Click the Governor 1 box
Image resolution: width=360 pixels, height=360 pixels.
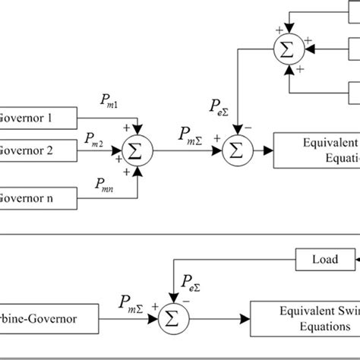coord(38,117)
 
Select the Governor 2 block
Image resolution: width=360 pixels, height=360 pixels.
coord(38,150)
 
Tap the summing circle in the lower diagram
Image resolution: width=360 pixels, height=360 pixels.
coord(175,311)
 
